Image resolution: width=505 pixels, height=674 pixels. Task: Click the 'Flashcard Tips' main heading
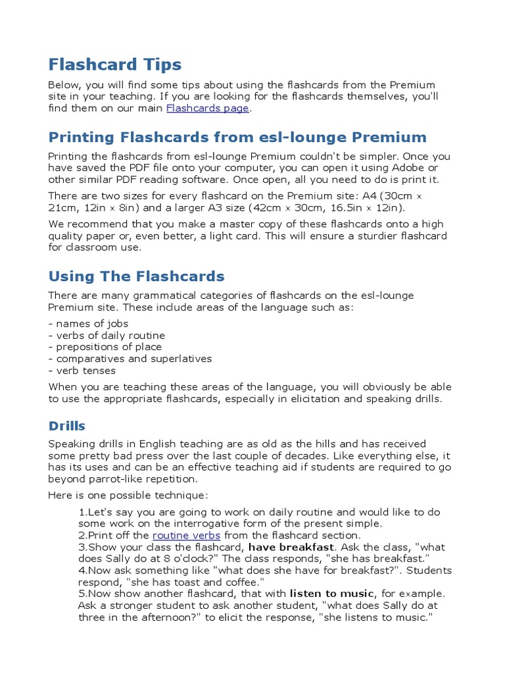114,65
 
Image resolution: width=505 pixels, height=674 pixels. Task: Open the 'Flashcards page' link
207,109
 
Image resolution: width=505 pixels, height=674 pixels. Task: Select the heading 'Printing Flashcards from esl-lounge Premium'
237,138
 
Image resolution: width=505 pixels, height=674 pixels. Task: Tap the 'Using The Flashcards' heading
136,276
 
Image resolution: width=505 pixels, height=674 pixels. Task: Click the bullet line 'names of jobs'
91,323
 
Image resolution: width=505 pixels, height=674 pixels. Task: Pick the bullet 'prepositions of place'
108,347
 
